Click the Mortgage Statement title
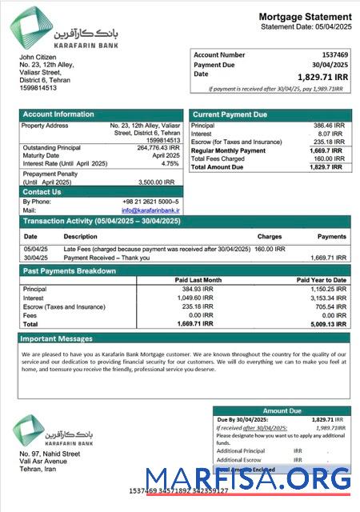(x=305, y=17)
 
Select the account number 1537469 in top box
(x=334, y=55)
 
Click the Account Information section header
(x=58, y=114)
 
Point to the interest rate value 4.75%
(x=170, y=163)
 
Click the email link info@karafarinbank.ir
(x=150, y=210)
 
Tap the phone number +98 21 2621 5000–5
(x=150, y=202)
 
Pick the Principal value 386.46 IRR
(x=327, y=126)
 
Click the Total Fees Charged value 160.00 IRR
(x=330, y=158)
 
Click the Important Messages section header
(x=58, y=338)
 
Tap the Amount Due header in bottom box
(x=282, y=410)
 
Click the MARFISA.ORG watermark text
(x=248, y=479)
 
